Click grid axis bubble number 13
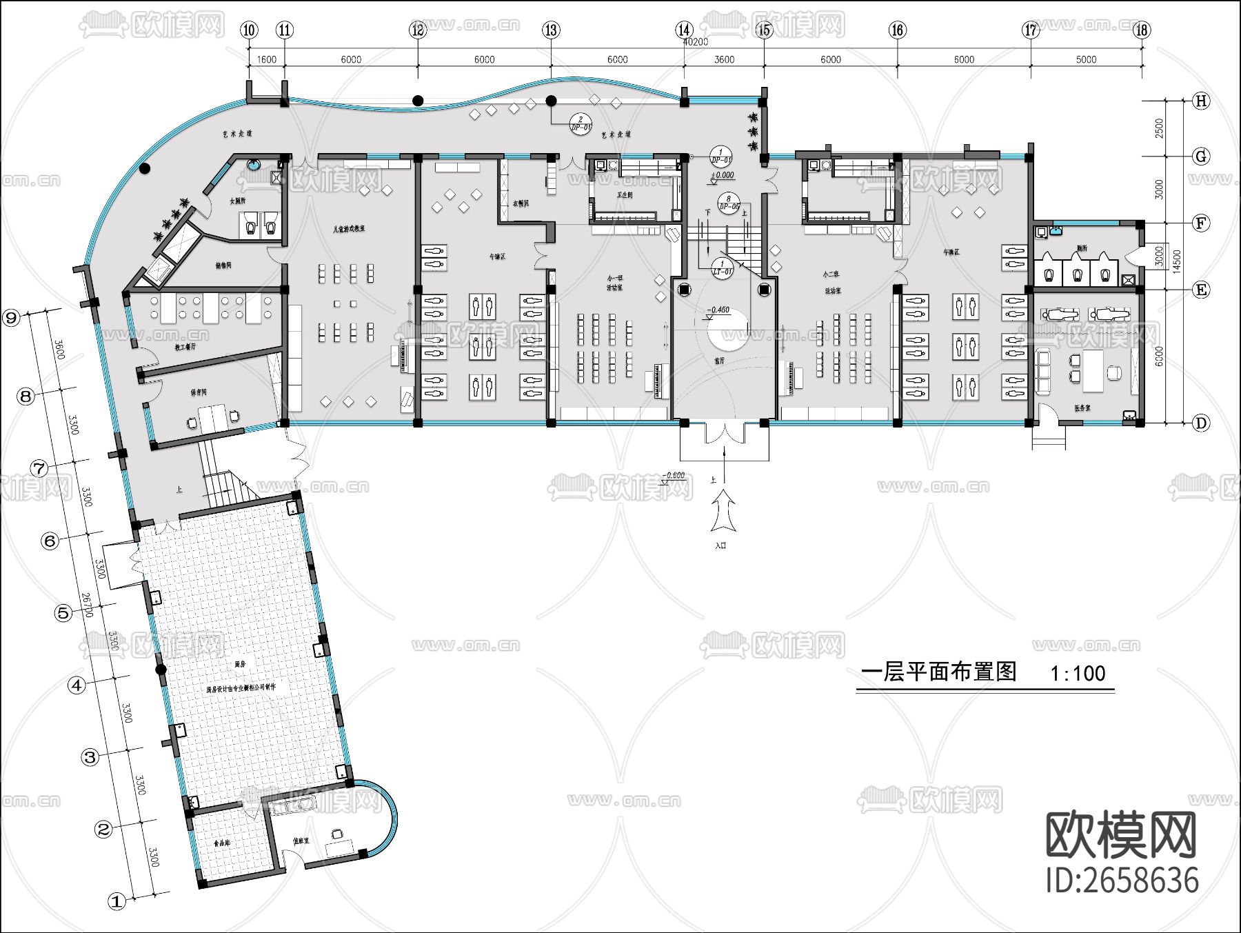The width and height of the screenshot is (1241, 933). [550, 30]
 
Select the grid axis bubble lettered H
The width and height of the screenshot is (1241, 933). [1201, 101]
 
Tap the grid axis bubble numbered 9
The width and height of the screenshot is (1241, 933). [12, 318]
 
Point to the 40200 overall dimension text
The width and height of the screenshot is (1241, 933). [695, 42]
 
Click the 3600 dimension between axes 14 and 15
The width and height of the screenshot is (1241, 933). [723, 60]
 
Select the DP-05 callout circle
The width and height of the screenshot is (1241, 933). [729, 202]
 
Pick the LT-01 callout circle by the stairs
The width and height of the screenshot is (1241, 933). [722, 268]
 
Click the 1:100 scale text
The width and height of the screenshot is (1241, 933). [1078, 673]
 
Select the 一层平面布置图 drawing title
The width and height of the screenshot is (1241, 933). [939, 672]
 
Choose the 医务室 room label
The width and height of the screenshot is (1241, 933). [1082, 408]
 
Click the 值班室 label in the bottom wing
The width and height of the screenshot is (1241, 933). [301, 841]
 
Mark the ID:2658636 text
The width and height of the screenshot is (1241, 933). [1122, 881]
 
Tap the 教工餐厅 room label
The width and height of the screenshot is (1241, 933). [185, 347]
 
